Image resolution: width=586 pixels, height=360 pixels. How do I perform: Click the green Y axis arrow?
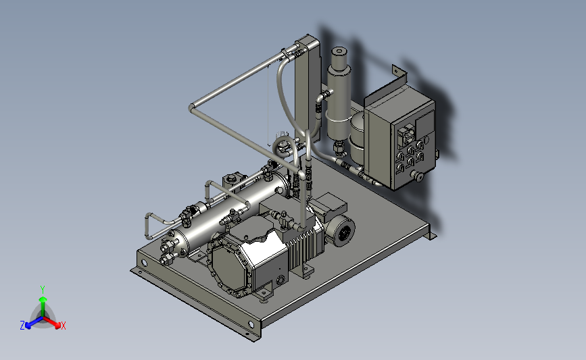point(43,305)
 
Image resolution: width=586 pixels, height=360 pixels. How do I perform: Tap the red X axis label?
point(63,326)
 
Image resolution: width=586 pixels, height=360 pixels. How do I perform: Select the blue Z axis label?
point(22,326)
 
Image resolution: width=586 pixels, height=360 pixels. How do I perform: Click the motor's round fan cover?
point(343,232)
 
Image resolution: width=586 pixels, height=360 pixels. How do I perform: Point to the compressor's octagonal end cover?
point(228,263)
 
